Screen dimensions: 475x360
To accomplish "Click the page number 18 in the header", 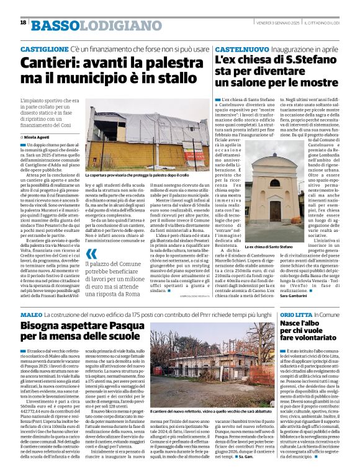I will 23,22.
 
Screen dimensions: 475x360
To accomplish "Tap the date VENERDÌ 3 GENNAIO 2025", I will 275,22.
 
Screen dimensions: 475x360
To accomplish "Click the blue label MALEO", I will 32,316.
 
